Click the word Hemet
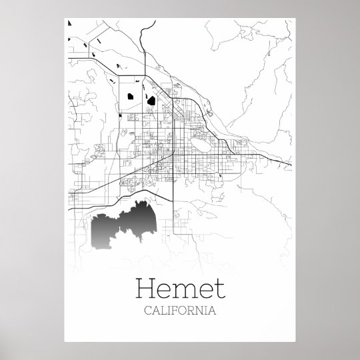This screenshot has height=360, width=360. (x=179, y=289)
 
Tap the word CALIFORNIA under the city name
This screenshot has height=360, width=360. (x=179, y=310)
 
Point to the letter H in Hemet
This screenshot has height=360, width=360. (x=145, y=289)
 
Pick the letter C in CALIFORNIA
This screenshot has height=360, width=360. (x=148, y=310)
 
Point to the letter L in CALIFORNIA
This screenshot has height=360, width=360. (x=163, y=310)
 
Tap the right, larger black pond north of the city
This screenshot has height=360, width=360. (x=151, y=101)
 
